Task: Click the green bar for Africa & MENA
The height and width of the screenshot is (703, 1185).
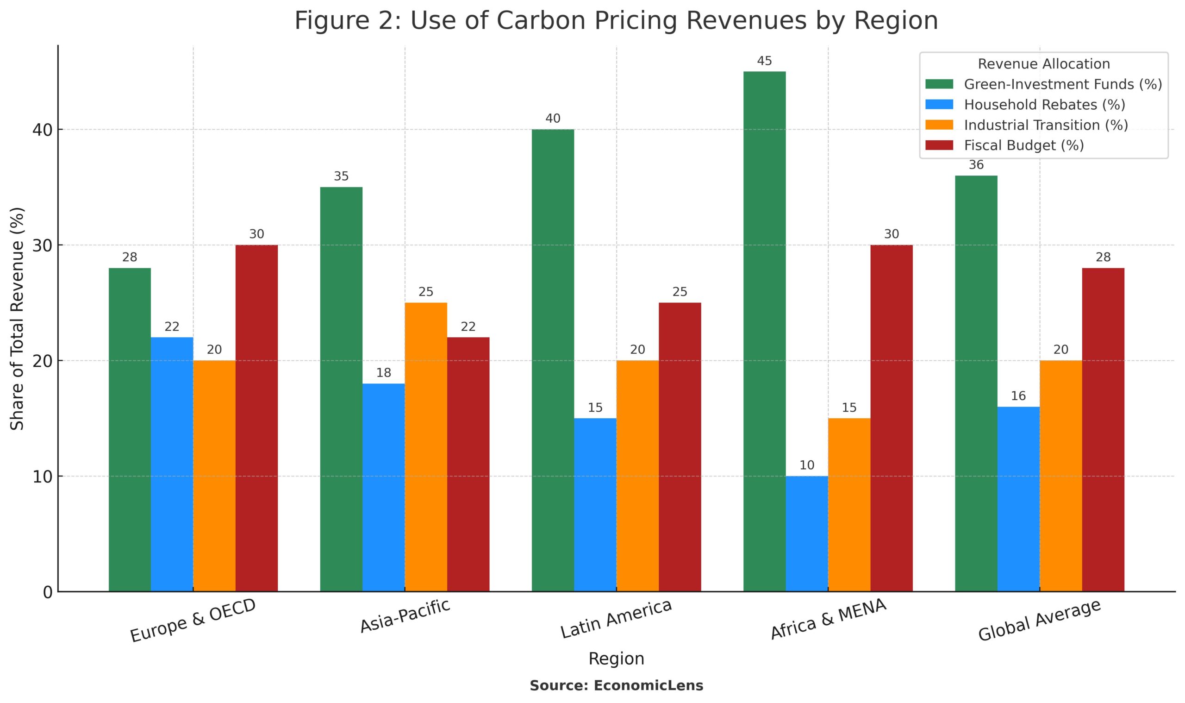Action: (764, 332)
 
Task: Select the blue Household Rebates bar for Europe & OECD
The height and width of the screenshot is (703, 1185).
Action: (172, 464)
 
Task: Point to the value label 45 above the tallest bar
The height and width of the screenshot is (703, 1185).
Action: (764, 61)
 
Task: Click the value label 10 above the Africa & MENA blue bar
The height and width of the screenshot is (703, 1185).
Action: (807, 465)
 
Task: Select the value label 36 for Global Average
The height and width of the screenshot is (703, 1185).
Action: (976, 165)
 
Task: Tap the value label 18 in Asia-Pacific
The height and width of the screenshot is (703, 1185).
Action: (383, 373)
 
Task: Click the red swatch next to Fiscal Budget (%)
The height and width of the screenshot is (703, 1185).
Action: (939, 145)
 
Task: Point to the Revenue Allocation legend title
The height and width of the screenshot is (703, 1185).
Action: (1043, 64)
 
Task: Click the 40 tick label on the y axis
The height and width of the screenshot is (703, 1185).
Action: (42, 130)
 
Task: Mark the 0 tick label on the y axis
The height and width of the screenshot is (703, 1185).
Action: (47, 592)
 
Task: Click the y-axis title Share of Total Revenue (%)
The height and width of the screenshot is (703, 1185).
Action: (17, 318)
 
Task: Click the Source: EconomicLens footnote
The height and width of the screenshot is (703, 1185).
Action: (616, 685)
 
